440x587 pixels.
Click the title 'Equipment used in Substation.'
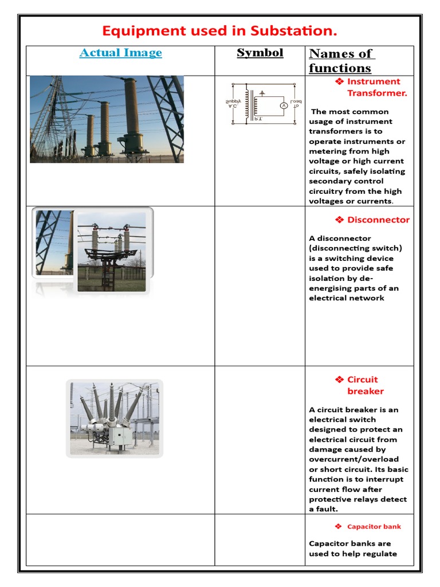coord(219,30)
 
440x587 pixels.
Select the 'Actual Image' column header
coord(120,53)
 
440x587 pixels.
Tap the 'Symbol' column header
coord(260,53)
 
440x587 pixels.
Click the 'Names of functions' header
coord(341,61)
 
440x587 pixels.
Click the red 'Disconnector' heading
coord(378,220)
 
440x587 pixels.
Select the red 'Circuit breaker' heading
coord(365,385)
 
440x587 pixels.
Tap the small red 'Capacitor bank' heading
coord(374,526)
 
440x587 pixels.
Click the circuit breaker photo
coord(115,417)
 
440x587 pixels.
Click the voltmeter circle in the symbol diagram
coord(282,106)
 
